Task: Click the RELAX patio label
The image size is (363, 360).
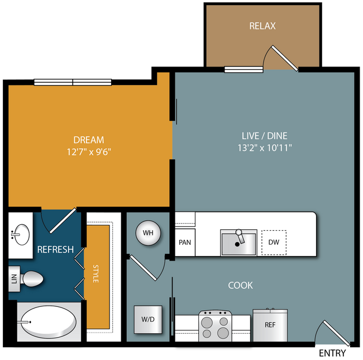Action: pos(262,26)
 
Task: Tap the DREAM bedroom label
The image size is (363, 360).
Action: pos(89,140)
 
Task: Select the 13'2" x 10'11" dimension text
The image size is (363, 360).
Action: pos(265,148)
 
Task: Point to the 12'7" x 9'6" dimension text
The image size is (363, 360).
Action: pos(89,152)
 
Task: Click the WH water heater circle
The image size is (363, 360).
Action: pos(148,233)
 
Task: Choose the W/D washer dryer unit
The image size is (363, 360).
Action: pos(148,319)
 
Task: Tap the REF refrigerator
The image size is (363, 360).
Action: pos(270,325)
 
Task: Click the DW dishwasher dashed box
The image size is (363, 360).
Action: pos(274,243)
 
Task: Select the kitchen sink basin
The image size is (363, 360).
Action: pos(238,243)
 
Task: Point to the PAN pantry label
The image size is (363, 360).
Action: pos(185,242)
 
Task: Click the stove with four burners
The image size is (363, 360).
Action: pos(215,326)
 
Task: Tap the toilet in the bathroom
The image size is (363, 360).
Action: pos(32,279)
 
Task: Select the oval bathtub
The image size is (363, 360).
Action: pos(49,322)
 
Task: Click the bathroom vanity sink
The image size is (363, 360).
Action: pos(21,235)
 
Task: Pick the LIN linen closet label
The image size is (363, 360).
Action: pos(14,279)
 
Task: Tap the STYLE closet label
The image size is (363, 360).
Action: pos(95,273)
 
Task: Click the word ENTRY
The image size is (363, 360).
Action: pos(332,353)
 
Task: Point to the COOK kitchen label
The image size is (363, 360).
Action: pos(240,286)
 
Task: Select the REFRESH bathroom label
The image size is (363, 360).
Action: pos(55,249)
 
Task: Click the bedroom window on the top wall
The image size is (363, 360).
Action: pos(73,82)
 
